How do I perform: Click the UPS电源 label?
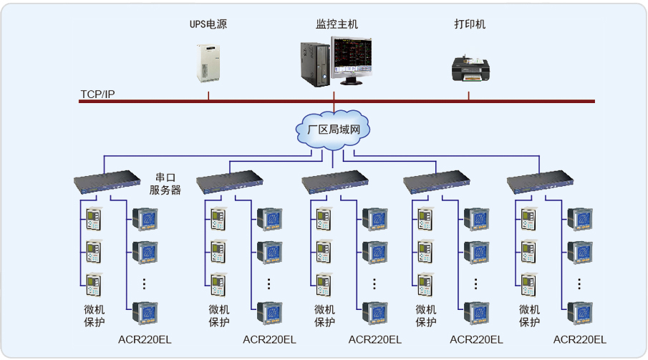point(208,24)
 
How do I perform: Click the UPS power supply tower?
point(208,63)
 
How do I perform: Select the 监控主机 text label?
point(337,24)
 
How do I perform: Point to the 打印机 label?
point(470,24)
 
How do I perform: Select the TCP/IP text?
point(97,94)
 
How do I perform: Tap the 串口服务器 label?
point(165,184)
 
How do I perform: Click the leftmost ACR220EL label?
point(145,339)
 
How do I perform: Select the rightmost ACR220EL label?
point(580,339)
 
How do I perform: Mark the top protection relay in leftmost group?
point(94,218)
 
